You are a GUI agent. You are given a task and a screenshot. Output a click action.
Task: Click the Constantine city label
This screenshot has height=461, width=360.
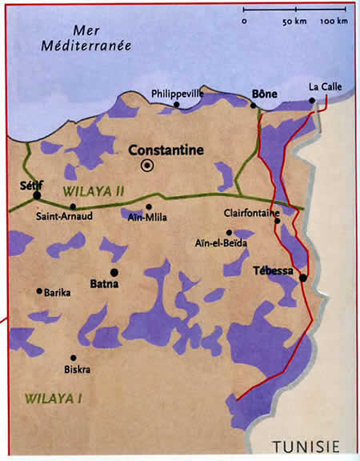(x=166, y=150)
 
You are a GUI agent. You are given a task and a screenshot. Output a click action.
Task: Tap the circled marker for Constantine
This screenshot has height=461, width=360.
(x=147, y=166)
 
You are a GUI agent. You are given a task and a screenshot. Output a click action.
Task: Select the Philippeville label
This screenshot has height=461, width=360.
(x=178, y=94)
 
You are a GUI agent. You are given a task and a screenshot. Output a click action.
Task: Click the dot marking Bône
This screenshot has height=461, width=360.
(x=254, y=105)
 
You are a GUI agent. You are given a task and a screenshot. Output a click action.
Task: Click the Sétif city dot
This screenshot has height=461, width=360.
(x=37, y=194)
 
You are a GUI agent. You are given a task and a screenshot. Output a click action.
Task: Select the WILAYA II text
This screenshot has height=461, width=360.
(x=90, y=193)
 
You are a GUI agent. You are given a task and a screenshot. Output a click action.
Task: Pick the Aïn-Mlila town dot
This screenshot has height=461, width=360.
(x=149, y=206)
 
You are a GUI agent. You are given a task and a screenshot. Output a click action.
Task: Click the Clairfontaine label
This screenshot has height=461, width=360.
(x=253, y=214)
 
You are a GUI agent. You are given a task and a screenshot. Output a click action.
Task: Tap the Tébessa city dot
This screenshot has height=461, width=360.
(x=303, y=278)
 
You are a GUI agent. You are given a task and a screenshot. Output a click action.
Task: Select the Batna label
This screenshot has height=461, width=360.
(x=104, y=283)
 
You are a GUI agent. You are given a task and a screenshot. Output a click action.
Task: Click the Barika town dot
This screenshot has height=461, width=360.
(x=38, y=291)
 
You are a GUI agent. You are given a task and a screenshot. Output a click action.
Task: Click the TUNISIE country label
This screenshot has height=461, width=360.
(x=305, y=445)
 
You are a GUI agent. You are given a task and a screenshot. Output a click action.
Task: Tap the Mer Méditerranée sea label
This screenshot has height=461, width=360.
(x=90, y=38)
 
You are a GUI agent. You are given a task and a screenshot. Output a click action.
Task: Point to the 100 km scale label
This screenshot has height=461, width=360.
(x=334, y=21)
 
